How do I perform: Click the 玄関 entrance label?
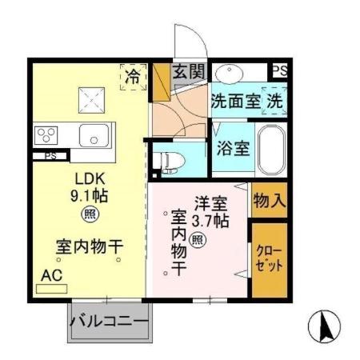(x=189, y=72)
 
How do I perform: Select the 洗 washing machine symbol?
(x=274, y=102)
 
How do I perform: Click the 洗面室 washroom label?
(x=235, y=102)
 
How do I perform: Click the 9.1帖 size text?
(x=89, y=195)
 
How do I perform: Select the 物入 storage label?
(x=268, y=201)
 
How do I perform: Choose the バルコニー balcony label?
(x=109, y=322)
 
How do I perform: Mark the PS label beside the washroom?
(x=278, y=70)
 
